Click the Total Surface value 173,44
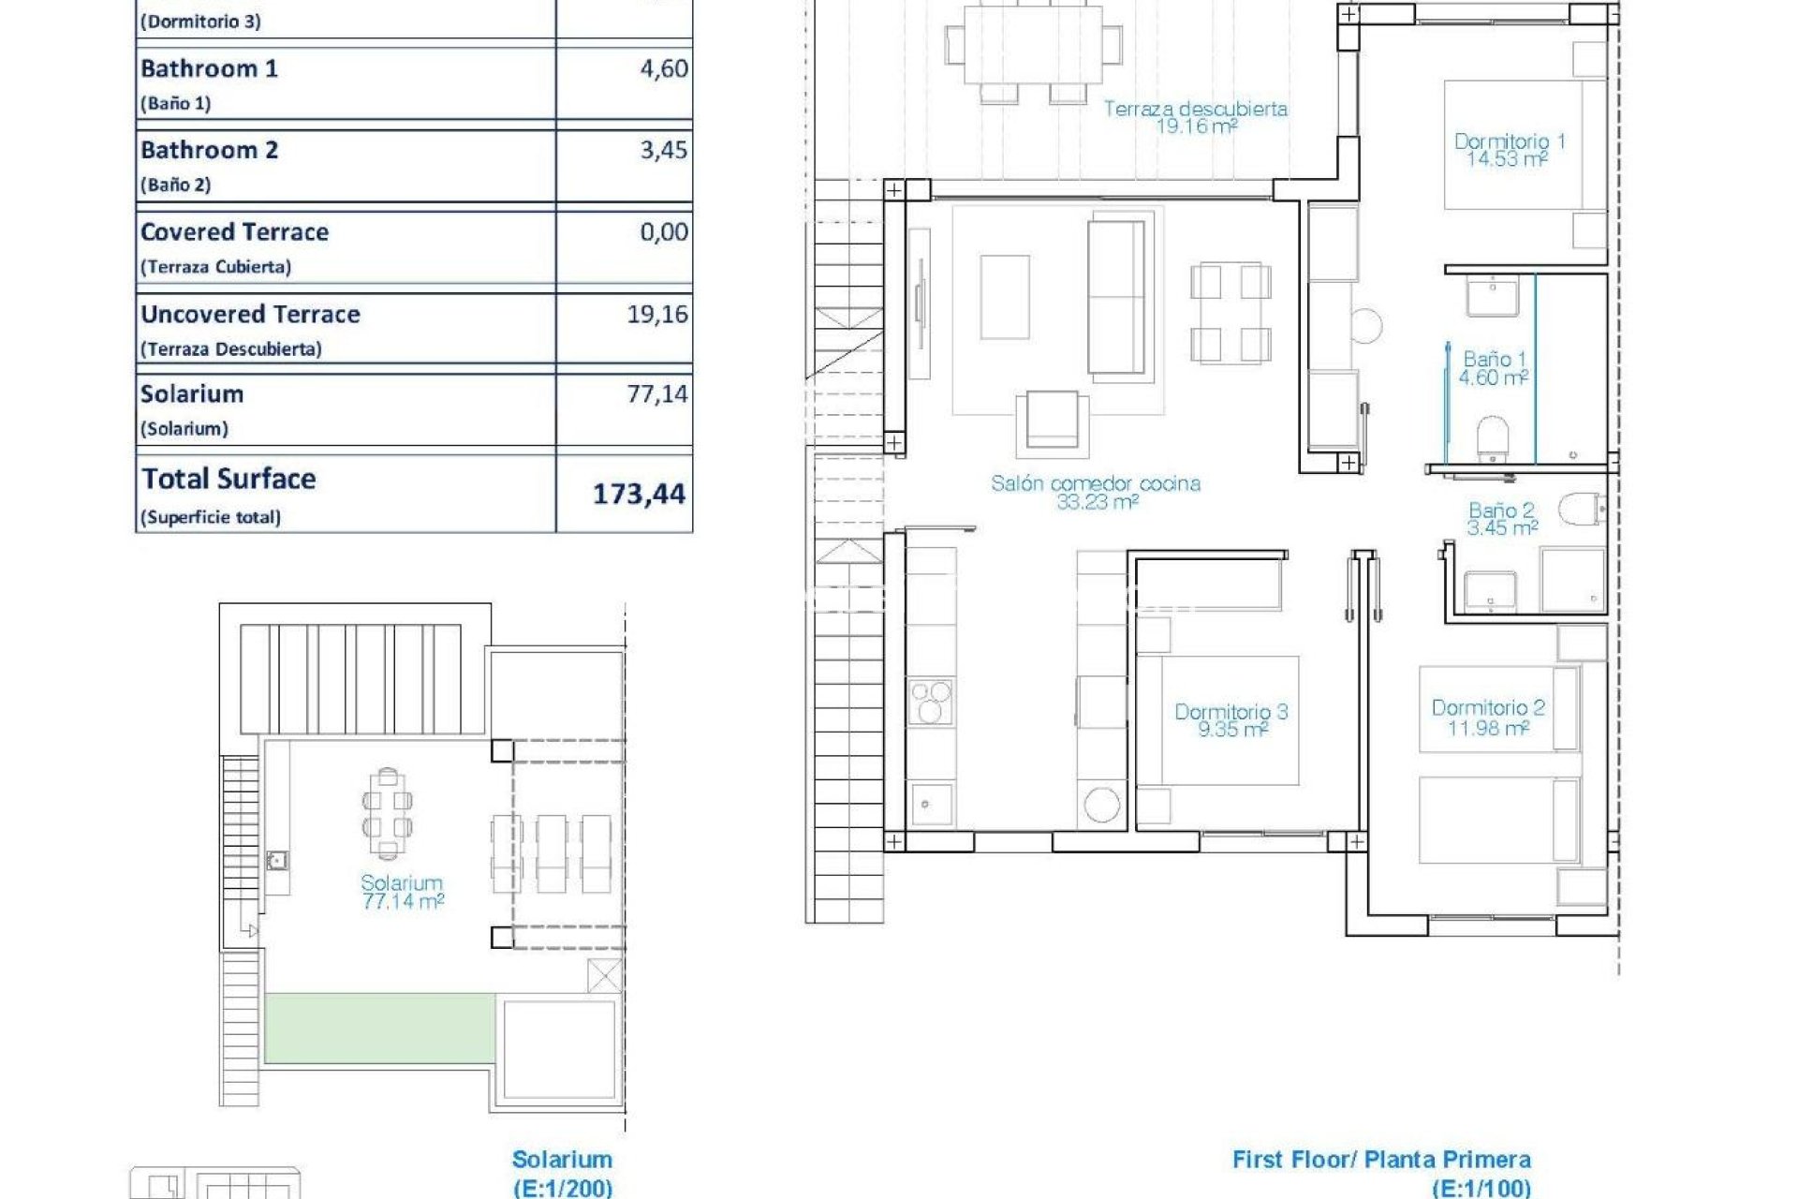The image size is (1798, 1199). [x=640, y=494]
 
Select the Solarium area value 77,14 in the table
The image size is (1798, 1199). [x=657, y=393]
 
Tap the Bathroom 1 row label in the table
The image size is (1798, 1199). [x=209, y=68]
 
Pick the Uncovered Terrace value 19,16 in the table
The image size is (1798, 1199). [x=657, y=314]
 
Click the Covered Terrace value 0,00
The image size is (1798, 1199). [x=664, y=231]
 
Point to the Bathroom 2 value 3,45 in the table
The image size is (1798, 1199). [x=664, y=150]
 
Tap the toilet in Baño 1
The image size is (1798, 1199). [x=1493, y=437]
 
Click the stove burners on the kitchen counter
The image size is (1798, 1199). [x=930, y=702]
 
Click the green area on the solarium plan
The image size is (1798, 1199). [x=380, y=1028]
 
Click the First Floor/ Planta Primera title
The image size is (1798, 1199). [x=1381, y=1160]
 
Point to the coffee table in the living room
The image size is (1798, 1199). [x=1005, y=297]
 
